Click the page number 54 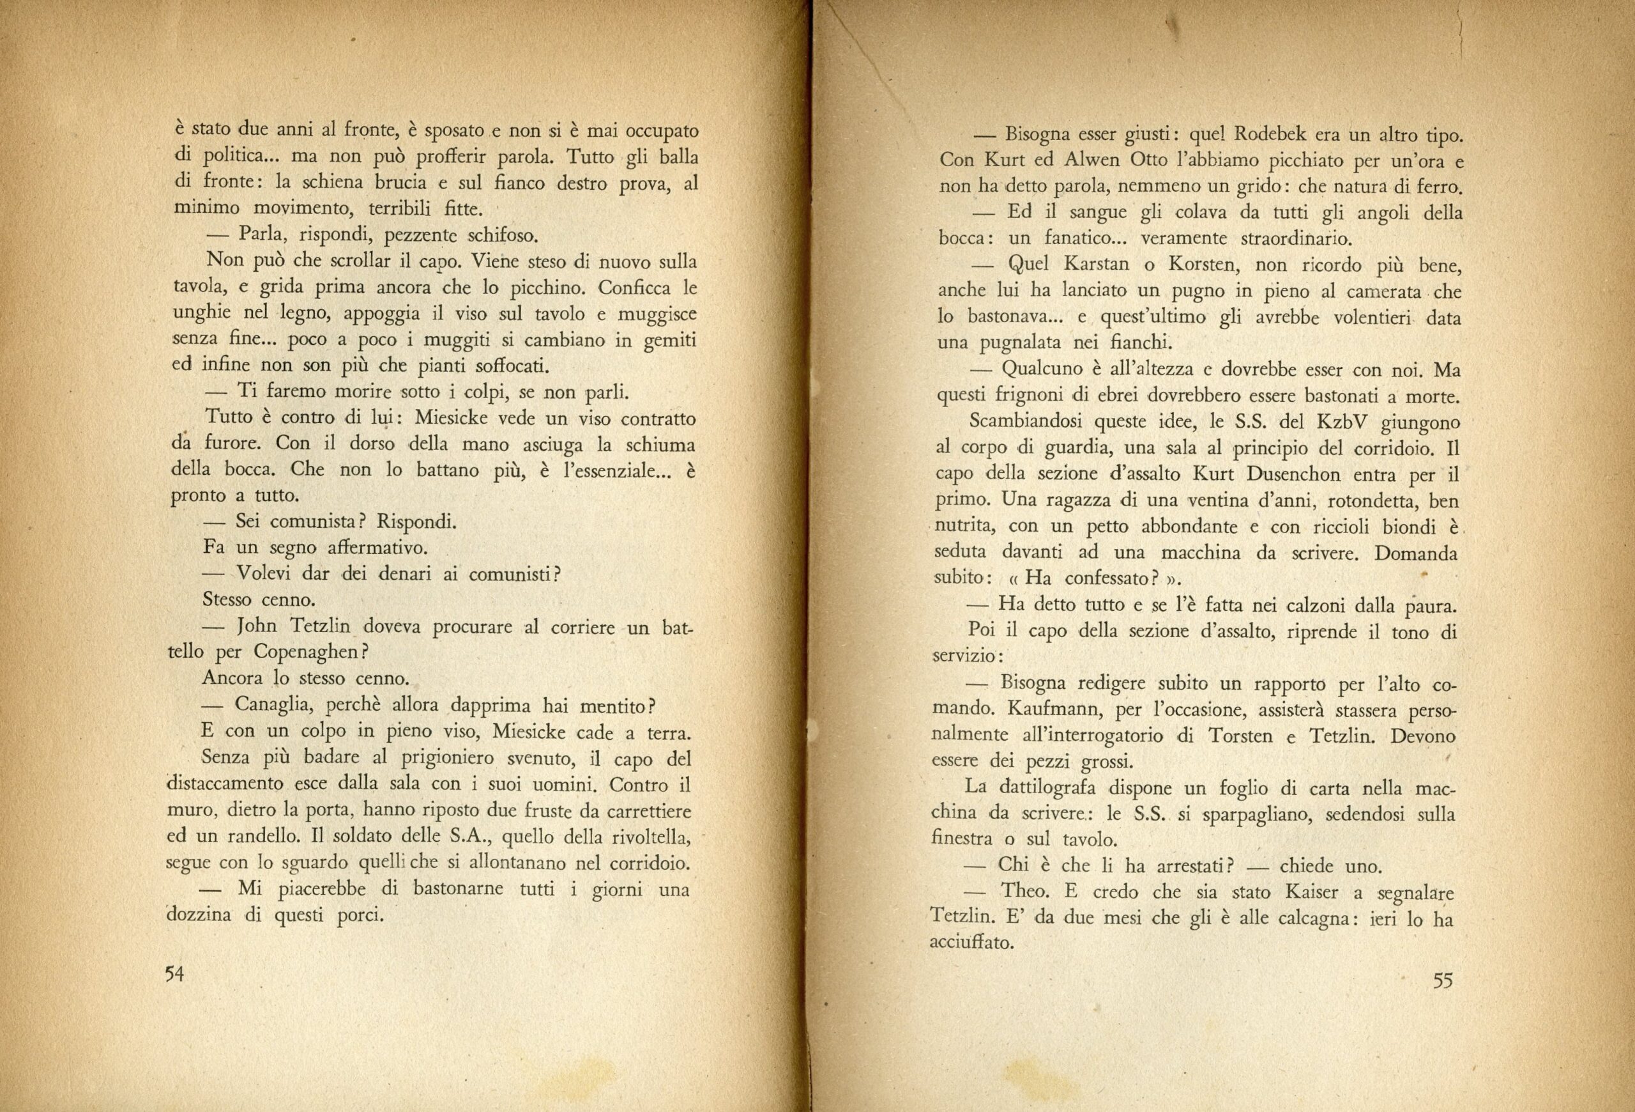pos(174,973)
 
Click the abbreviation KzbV pos(1336,424)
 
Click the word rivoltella pos(640,838)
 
